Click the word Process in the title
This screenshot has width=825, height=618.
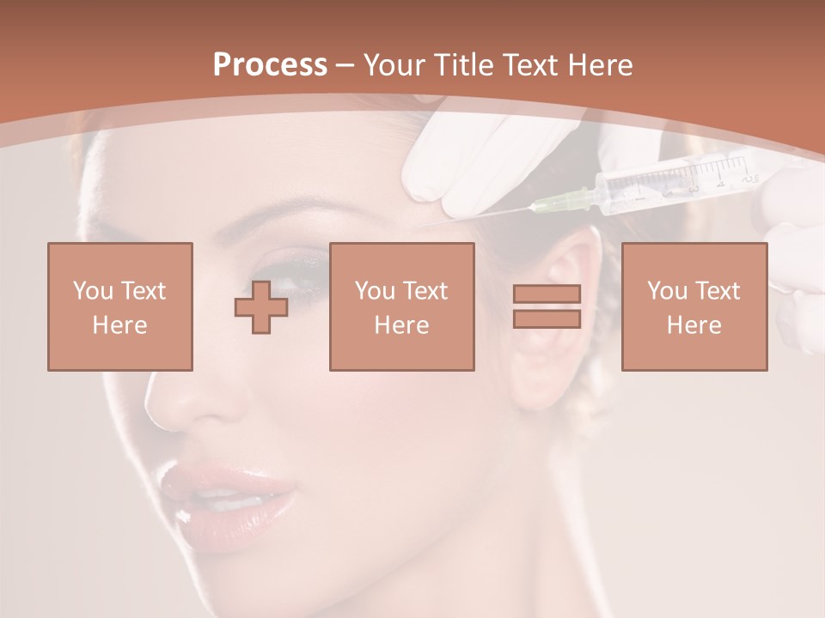[270, 65]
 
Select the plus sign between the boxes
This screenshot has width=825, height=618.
[261, 306]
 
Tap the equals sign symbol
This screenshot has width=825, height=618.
[547, 306]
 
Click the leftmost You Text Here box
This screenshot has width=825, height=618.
[120, 306]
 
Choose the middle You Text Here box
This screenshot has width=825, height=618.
[402, 306]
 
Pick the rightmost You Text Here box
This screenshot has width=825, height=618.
[694, 306]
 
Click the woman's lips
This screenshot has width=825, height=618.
[225, 495]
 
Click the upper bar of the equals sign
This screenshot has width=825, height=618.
[547, 294]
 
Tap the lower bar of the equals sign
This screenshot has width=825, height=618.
[547, 319]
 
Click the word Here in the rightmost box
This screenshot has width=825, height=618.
[694, 324]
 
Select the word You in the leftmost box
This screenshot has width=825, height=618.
[92, 291]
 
